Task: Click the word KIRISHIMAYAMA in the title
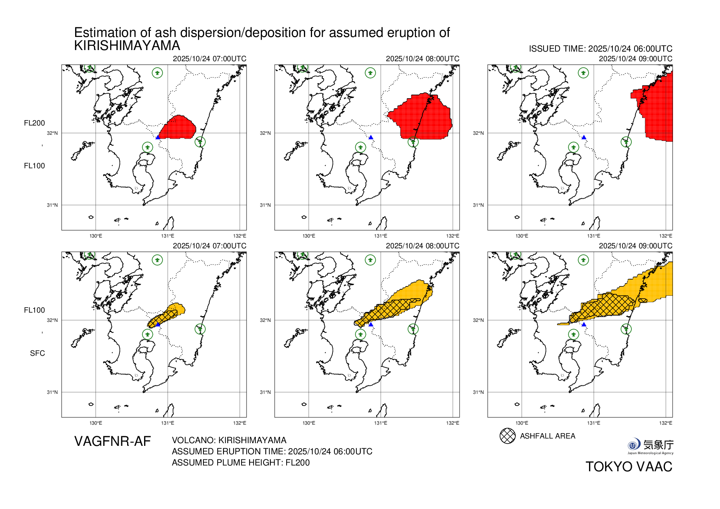tap(127, 46)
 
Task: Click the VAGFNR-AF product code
tap(112, 441)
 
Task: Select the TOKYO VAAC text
tap(629, 467)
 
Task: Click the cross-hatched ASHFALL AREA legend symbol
tap(507, 436)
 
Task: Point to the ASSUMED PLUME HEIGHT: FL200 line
tap(240, 462)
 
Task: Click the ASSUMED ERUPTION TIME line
tap(272, 451)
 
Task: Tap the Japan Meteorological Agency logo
tap(650, 446)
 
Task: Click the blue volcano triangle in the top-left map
tap(158, 137)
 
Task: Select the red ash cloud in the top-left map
tap(177, 127)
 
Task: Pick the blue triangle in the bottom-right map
tap(584, 325)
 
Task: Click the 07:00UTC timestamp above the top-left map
tap(209, 59)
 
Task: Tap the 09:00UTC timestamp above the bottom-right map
tap(635, 246)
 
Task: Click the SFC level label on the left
tap(37, 353)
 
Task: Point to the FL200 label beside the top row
tap(34, 123)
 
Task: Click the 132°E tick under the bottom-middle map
tap(452, 423)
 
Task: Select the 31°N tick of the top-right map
tap(478, 205)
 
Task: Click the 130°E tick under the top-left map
tap(96, 236)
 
